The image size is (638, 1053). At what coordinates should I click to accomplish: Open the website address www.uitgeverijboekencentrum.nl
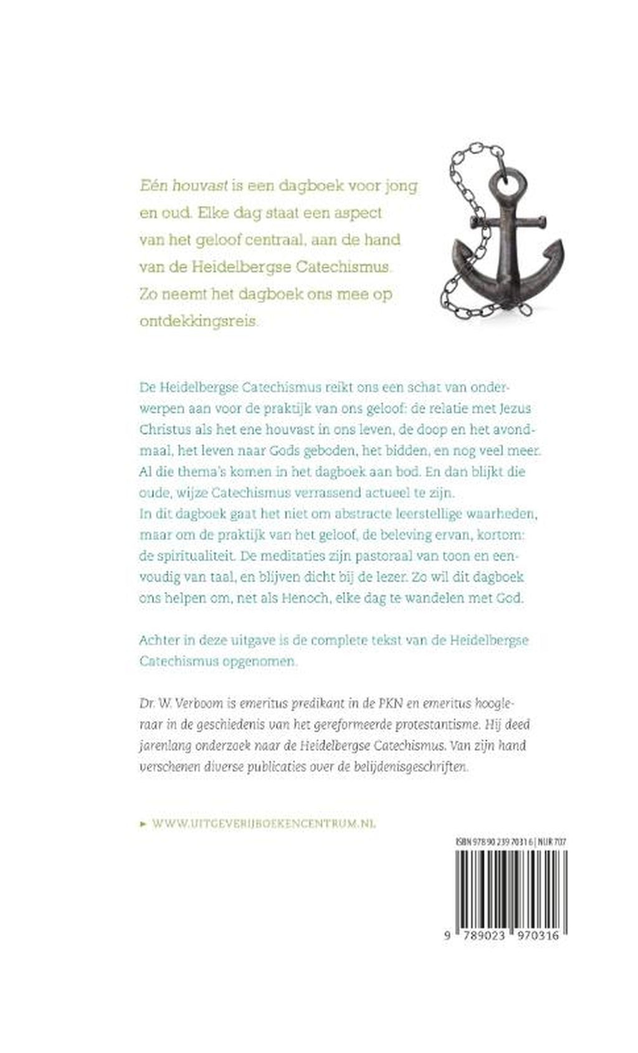pyautogui.click(x=265, y=823)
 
